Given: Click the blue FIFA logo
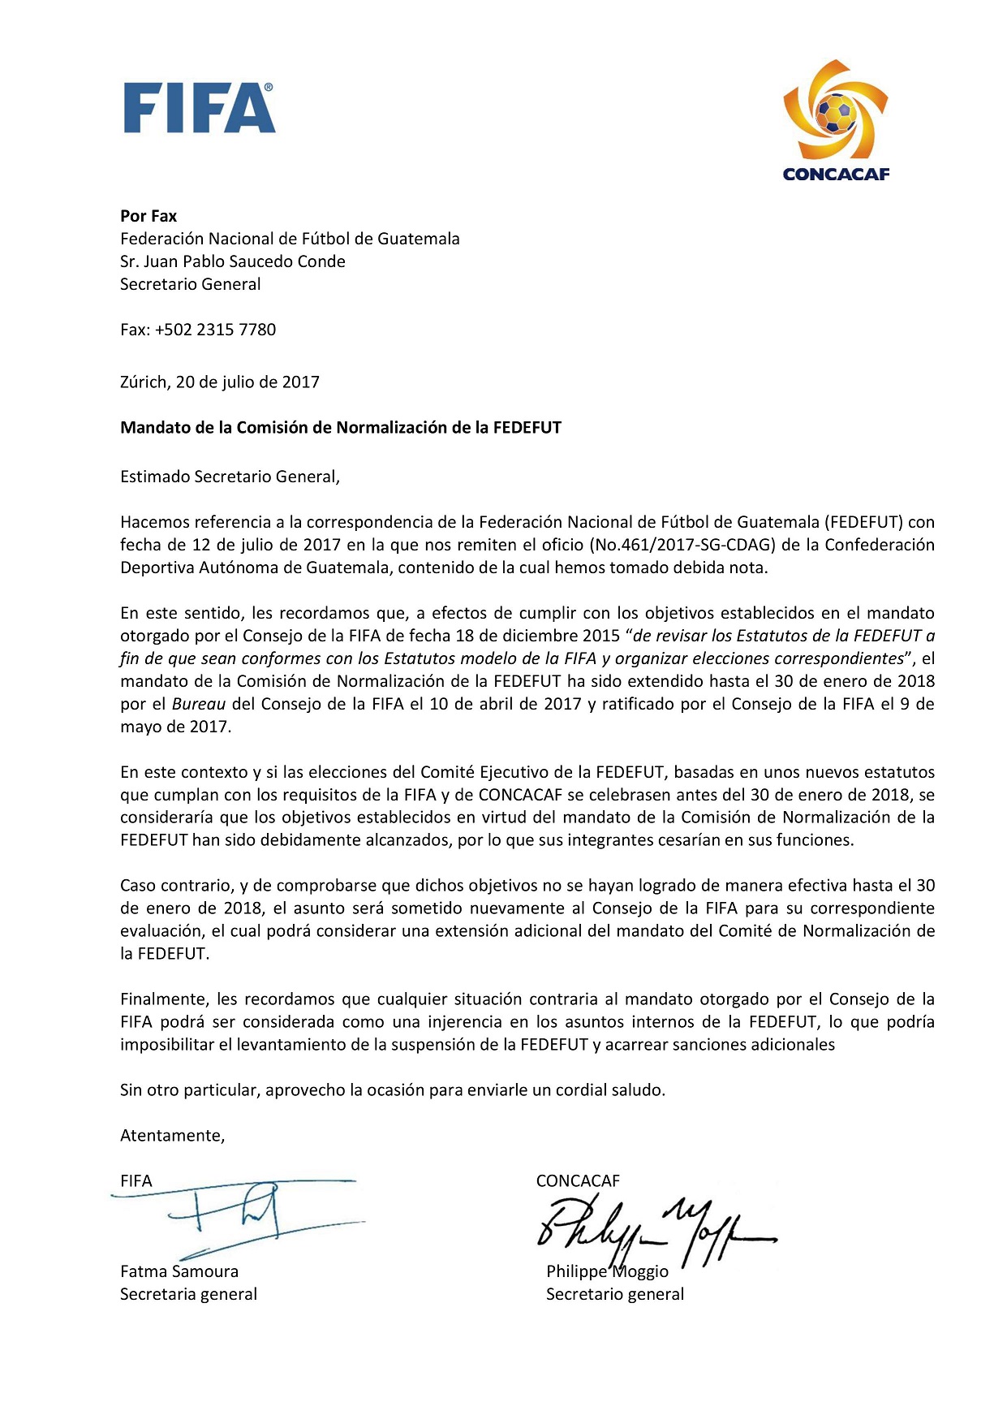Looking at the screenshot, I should point(199,108).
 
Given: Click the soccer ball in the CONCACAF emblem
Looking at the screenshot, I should point(835,114).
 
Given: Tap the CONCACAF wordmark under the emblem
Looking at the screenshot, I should point(836,174).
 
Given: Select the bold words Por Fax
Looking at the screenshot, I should point(148,216).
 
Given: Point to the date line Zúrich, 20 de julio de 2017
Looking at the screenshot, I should point(220,382).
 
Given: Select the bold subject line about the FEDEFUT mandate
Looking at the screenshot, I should point(341,427).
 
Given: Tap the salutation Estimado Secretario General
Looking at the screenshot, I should point(230,477).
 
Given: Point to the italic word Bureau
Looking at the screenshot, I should point(199,704).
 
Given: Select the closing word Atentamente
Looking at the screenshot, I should point(172,1136).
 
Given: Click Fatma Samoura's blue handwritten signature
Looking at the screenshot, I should point(235,1214).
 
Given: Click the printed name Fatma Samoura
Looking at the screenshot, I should point(179,1271).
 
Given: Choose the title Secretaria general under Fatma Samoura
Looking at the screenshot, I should point(188,1294).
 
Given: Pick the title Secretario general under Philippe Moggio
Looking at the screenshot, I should point(615,1294).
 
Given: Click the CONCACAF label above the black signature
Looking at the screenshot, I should point(578,1181).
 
